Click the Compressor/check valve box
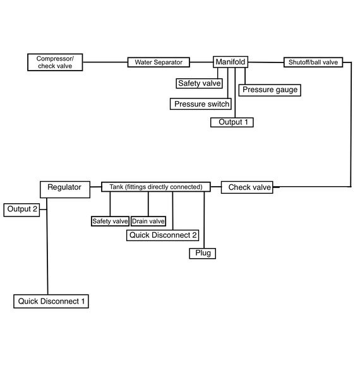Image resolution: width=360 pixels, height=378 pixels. coord(55,62)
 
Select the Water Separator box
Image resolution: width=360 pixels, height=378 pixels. coord(159,62)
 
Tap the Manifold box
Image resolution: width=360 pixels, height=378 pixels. coord(231,62)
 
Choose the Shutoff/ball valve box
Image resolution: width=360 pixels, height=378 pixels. coord(313,62)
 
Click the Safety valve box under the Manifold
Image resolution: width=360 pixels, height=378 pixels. coord(200,83)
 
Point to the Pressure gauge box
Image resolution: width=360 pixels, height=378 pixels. coord(270,90)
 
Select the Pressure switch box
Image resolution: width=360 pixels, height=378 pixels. coord(201,104)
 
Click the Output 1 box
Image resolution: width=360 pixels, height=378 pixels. coord(232,122)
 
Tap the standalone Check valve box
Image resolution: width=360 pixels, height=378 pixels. coord(247,187)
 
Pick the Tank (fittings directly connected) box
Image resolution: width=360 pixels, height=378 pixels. coord(156,187)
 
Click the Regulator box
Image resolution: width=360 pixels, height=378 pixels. coord(65,190)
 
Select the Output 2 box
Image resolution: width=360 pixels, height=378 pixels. coord(21,210)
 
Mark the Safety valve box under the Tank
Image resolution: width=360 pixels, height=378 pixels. coord(110,221)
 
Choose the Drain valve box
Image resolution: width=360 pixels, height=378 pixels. coord(148,221)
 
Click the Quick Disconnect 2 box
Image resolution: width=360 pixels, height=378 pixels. coord(162,235)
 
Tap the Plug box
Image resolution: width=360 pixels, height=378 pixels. coord(203,253)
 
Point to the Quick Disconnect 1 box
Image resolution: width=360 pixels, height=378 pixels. coord(51,302)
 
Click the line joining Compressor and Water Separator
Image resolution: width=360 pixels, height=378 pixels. coord(105,62)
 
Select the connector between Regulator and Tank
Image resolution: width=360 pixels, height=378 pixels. coord(96,187)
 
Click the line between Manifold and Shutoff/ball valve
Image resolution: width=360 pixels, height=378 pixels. coord(266,62)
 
